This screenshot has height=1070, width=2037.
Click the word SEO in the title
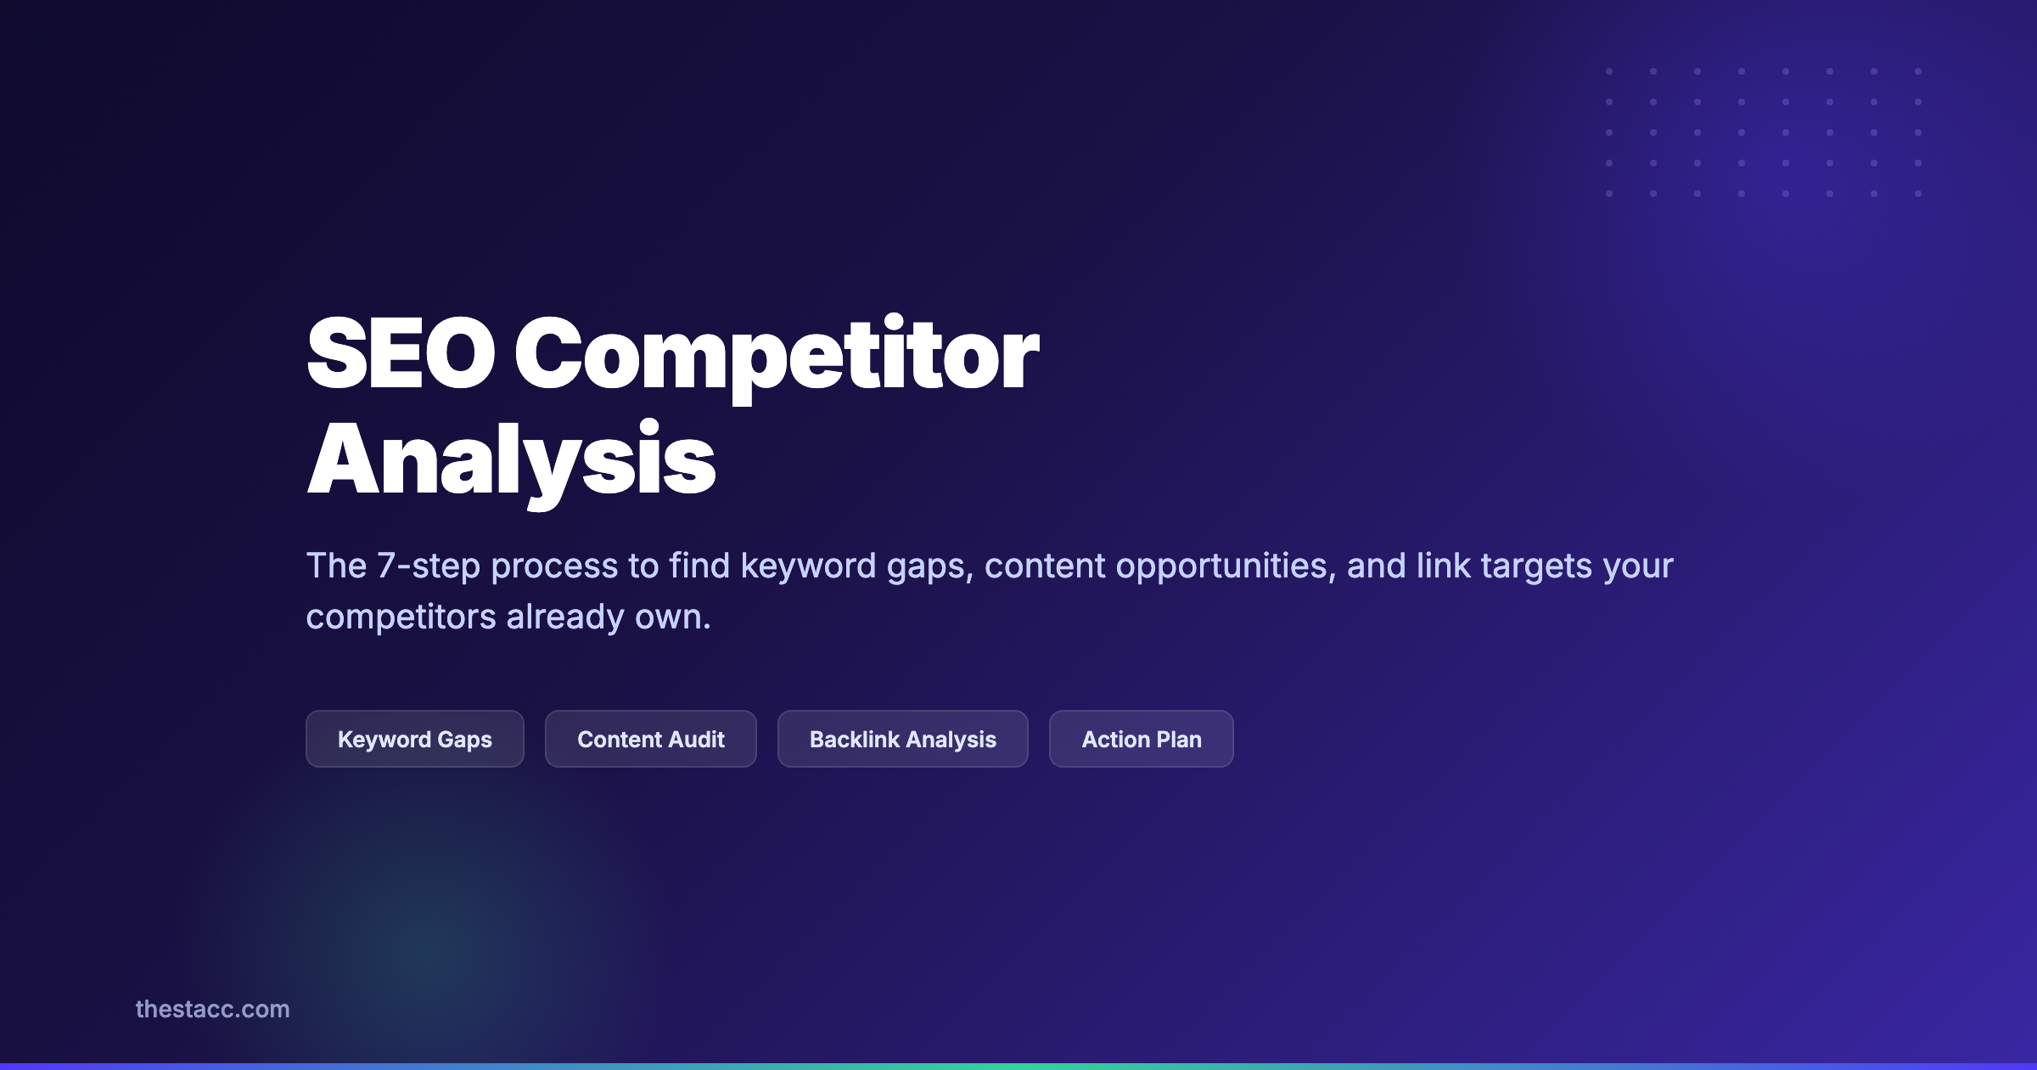click(x=400, y=353)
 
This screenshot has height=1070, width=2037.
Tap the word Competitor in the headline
click(x=776, y=355)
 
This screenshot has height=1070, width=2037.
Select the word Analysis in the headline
click(x=511, y=459)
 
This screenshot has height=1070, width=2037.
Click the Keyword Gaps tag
click(x=414, y=739)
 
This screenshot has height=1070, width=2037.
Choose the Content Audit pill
click(x=650, y=739)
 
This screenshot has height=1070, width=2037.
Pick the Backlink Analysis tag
click(x=902, y=739)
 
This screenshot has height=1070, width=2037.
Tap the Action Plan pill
click(x=1141, y=739)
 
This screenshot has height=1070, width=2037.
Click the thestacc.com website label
click(x=212, y=1009)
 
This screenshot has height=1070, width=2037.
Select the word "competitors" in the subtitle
click(x=401, y=617)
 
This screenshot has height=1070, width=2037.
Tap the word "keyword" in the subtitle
click(x=808, y=566)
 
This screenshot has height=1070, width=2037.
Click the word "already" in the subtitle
click(x=565, y=617)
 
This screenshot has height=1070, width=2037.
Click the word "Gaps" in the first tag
click(x=463, y=740)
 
